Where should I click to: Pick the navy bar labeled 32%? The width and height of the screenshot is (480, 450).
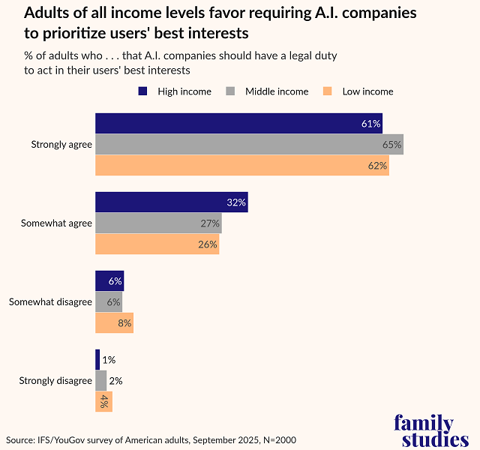click(171, 202)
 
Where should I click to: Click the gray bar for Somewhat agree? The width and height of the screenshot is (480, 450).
click(158, 223)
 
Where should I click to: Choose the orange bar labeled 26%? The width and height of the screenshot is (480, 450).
click(157, 244)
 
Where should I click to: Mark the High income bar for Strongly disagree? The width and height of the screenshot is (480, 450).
click(97, 360)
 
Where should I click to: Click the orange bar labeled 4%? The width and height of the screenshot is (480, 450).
click(103, 402)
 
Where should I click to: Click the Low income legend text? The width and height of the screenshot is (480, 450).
click(367, 91)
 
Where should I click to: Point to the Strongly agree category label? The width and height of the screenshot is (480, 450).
click(61, 144)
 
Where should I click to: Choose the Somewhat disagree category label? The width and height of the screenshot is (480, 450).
click(50, 302)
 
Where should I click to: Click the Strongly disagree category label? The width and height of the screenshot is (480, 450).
click(55, 381)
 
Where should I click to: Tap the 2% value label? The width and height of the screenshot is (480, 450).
click(115, 381)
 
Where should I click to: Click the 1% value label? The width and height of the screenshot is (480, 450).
click(109, 360)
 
